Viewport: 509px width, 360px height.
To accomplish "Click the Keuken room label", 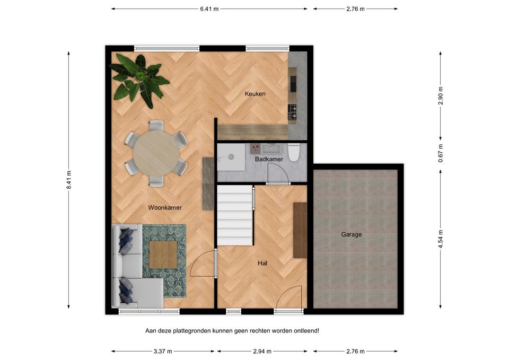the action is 255,94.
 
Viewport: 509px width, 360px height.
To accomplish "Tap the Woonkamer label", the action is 165,208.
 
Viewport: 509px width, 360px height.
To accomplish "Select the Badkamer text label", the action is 269,159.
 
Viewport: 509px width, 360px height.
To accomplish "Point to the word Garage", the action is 351,234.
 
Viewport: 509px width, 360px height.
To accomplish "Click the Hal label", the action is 262,264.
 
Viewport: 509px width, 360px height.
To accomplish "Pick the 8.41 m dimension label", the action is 68,180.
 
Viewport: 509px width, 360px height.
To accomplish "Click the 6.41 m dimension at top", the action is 209,9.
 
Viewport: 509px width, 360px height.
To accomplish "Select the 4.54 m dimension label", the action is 441,239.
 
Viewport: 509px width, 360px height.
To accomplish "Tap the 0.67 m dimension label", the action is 441,153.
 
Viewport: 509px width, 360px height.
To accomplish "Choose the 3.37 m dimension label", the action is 163,351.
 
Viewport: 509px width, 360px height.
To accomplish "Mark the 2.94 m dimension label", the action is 262,351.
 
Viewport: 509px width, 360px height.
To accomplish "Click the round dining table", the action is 156,154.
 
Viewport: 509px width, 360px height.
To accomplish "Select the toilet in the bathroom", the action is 293,152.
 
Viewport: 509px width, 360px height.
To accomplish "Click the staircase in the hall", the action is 235,215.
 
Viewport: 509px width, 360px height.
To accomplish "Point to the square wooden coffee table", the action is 163,254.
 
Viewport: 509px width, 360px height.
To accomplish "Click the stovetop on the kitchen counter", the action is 293,112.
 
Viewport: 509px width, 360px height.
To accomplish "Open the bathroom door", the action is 278,174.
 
